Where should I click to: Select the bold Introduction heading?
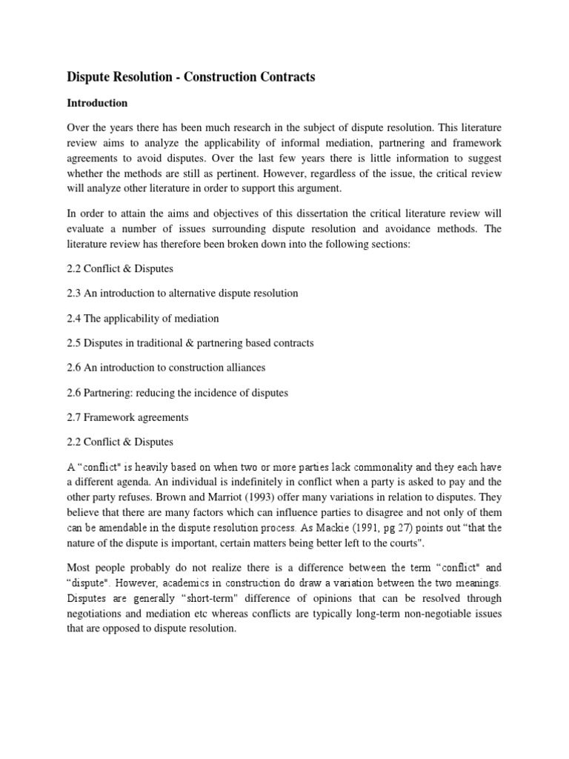pos(97,103)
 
